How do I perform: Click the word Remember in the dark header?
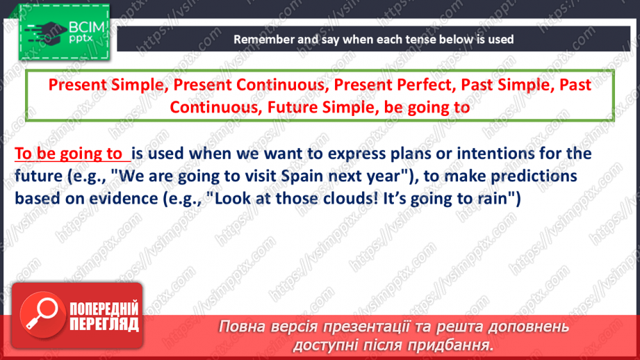pos(261,40)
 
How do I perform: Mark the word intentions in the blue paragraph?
pos(476,154)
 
